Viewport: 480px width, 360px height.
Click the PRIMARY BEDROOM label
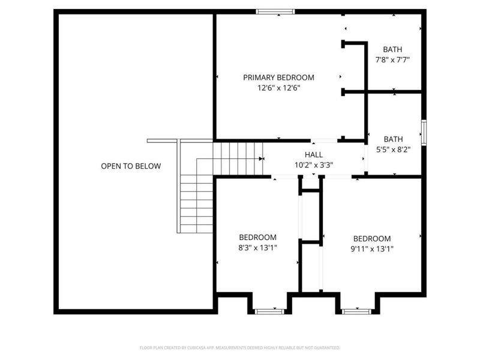278,77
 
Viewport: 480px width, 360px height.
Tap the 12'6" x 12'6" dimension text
278,88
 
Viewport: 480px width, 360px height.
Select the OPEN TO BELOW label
131,166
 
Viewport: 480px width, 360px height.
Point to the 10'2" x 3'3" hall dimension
314,164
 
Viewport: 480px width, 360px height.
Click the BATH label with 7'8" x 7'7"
393,49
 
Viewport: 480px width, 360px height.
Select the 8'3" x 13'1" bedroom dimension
257,247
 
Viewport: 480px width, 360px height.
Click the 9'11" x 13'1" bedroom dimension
371,248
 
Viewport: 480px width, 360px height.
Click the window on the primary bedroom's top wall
275,11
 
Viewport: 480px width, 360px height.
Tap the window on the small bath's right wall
424,133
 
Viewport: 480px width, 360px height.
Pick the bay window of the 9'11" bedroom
358,311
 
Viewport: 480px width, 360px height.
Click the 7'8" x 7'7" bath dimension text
393,60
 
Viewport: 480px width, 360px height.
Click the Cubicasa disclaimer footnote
240,347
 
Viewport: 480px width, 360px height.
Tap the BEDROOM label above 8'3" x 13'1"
257,237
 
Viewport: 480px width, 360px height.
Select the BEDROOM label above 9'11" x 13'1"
371,238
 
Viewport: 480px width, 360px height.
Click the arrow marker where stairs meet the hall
262,159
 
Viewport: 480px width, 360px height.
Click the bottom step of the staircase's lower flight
196,229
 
